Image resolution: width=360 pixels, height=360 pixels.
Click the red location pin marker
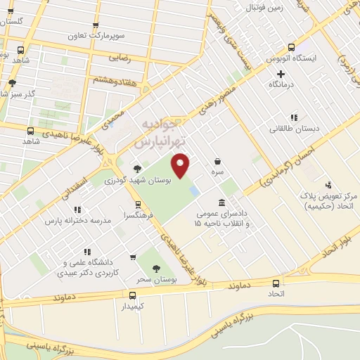coord(181,165)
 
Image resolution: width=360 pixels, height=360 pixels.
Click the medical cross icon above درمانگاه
coord(281,73)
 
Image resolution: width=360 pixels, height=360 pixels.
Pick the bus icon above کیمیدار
coord(132,295)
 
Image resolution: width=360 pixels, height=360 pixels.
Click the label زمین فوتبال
coord(264,8)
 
